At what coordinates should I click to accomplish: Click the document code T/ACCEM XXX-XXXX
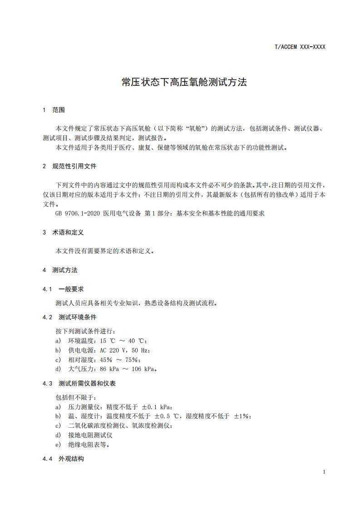click(300, 47)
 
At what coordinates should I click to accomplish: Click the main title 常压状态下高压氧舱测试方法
click(184, 82)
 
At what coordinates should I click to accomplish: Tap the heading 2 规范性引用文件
click(69, 166)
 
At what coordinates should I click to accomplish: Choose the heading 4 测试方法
click(60, 270)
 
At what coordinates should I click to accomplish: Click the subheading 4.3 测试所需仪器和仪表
click(79, 383)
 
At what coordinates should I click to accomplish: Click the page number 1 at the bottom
click(324, 472)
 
